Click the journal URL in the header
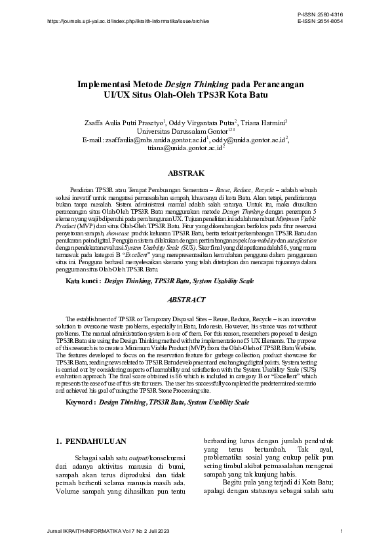128,21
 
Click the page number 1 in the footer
341,530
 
